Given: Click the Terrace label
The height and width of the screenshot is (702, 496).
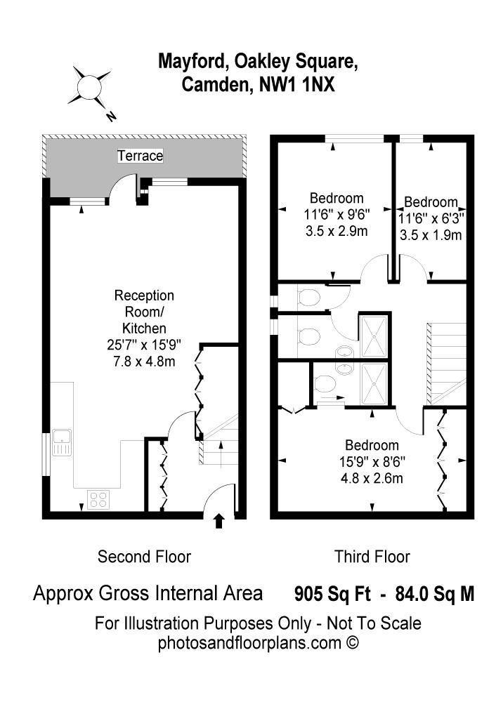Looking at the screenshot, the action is pos(141,156).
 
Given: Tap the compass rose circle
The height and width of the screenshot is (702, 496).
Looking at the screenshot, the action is pos(89,86).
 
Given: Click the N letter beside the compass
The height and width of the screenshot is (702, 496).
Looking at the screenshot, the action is pos(111,117).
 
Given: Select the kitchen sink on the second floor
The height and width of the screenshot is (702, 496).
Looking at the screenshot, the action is pos(61,442).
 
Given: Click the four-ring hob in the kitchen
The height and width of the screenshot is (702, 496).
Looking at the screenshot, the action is pos(99,500).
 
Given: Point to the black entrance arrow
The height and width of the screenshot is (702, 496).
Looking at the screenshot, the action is pos(218,521).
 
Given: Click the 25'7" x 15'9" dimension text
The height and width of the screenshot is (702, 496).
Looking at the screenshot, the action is pos(144,345).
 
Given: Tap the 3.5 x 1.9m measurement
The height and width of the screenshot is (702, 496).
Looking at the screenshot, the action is pos(431,235).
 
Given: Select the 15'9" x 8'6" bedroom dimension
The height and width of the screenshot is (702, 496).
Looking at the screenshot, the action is pos(372,462).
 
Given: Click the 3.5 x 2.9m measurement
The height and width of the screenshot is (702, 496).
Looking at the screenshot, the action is pos(337,231).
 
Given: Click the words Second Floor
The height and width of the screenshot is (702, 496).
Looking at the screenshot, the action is pos(144,557).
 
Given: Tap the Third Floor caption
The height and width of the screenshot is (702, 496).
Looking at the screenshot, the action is pos(372,557).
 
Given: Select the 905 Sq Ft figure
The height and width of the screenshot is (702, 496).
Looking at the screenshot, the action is pos(332,594).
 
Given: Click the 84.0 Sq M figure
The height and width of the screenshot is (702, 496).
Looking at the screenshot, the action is pos(434,594).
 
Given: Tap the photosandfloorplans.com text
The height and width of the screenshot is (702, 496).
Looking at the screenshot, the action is pos(249,643).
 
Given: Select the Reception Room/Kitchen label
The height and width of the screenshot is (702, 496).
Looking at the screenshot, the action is pos(144,312).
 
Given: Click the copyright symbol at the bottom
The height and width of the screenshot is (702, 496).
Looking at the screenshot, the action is pos(352,643).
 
